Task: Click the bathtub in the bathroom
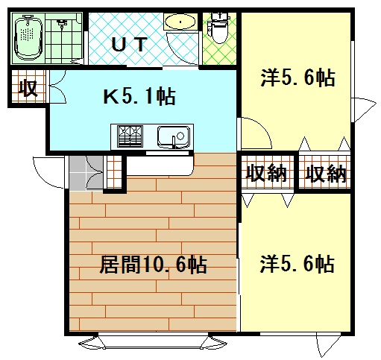tap(29, 39)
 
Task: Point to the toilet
tap(219, 27)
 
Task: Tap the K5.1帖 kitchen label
tap(138, 96)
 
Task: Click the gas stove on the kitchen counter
tap(131, 136)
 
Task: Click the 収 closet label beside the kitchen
tap(28, 88)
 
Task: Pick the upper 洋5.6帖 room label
tap(297, 77)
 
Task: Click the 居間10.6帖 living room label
tap(153, 265)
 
